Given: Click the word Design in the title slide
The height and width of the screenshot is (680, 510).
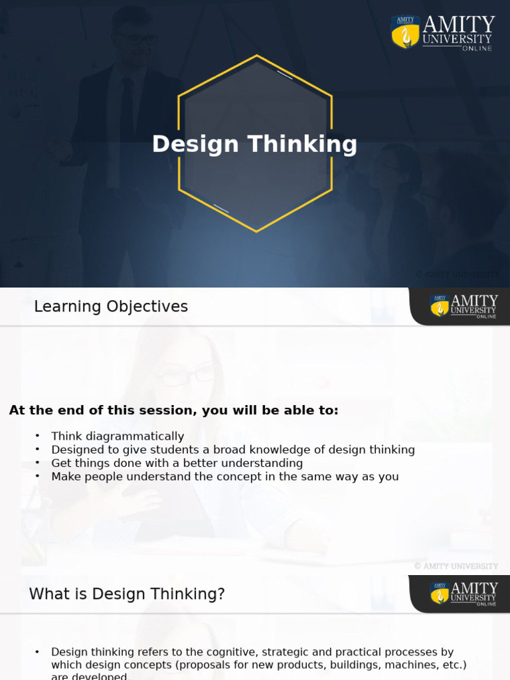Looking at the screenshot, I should pos(195,144).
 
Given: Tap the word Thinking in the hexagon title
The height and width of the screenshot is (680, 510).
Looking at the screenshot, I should pos(302,144).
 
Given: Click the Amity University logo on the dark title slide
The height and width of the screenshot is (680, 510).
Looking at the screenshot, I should pos(443,32).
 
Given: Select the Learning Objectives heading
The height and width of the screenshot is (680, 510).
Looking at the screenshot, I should pos(111,307).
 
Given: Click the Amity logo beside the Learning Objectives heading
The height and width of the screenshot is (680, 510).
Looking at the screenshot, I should pos(463,306).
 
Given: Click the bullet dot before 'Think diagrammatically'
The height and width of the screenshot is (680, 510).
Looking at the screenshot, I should pos(38,436).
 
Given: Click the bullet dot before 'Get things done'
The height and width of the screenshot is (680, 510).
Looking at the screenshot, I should pos(38,462).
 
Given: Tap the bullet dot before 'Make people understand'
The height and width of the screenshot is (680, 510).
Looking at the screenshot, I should pos(38,475).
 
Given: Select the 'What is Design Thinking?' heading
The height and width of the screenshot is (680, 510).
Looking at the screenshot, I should pos(127,594).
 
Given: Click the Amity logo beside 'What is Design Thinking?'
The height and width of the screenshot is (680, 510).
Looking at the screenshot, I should pos(463,594).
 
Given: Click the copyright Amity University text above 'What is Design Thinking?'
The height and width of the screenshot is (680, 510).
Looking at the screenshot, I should pos(456,566).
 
